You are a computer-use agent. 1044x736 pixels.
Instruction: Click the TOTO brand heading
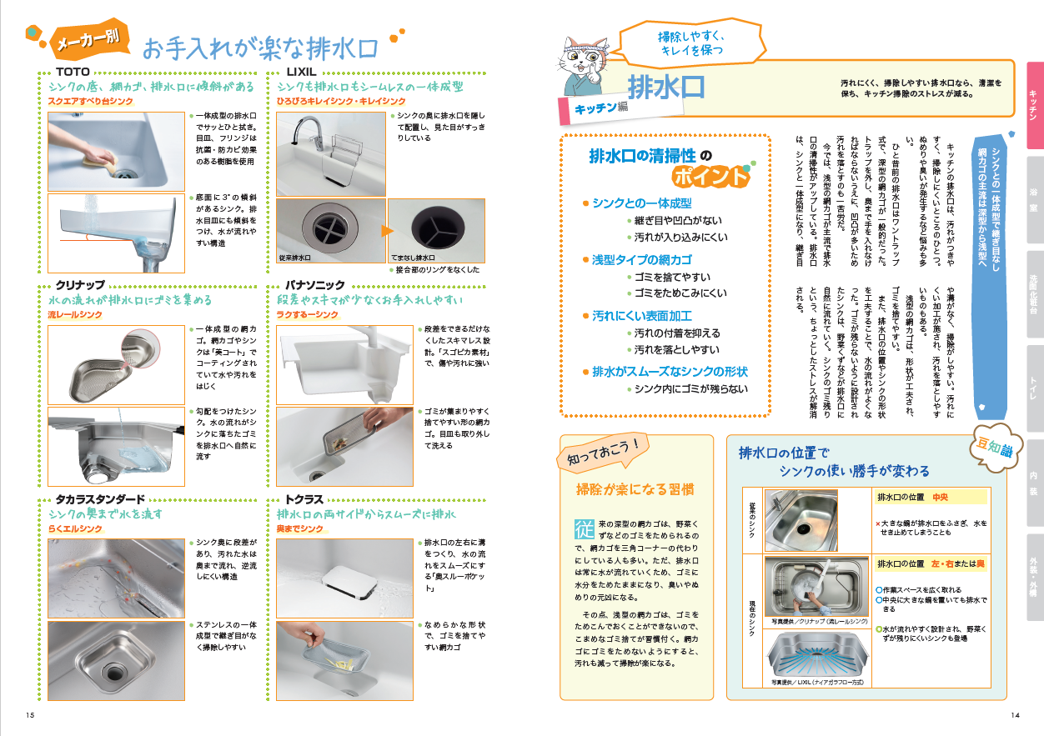(73, 72)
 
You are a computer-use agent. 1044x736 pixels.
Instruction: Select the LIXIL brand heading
(301, 72)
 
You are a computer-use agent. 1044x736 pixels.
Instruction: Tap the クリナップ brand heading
(80, 284)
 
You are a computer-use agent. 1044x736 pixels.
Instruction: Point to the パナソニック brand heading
(315, 284)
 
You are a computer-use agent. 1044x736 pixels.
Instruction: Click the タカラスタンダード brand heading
(100, 499)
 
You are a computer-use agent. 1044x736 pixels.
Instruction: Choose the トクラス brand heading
(304, 499)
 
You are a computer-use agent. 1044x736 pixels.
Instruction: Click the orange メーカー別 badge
(88, 40)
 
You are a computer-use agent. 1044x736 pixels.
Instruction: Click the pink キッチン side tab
(1035, 105)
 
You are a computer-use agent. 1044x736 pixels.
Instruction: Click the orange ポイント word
(710, 177)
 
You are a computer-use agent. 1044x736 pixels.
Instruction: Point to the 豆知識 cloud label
(995, 448)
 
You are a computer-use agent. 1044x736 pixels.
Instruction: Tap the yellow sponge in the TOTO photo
(98, 162)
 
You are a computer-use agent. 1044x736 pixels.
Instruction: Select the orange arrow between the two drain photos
(387, 231)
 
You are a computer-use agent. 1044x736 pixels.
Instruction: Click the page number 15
(30, 715)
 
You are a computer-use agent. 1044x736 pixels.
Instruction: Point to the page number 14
(1015, 715)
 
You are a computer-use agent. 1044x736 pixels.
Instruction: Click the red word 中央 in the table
(940, 497)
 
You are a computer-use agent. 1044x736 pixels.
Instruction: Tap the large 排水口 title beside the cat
(666, 88)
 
